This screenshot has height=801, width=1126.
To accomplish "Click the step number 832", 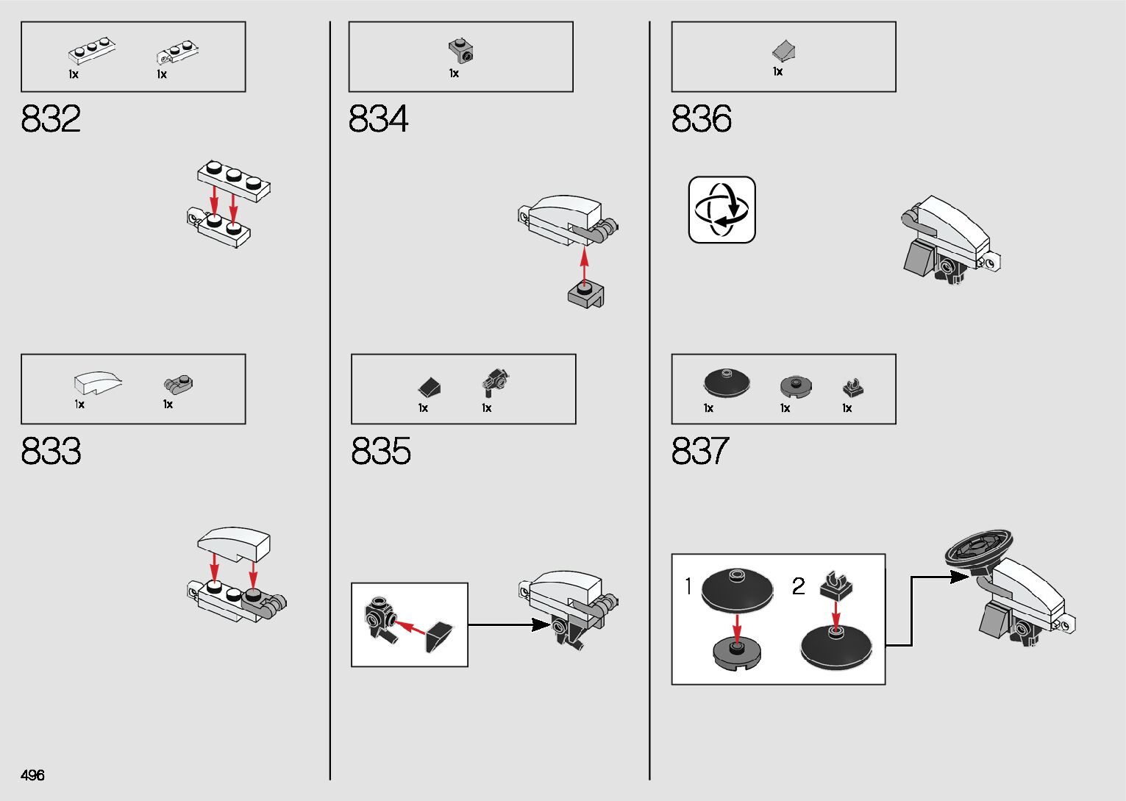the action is (x=51, y=118).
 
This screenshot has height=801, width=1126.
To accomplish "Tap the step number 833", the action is (x=51, y=451).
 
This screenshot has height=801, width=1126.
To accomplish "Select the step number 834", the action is (x=378, y=118).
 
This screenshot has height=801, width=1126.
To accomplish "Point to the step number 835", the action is (x=381, y=451).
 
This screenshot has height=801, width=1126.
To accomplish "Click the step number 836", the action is (x=701, y=118).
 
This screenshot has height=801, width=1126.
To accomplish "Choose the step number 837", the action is (x=700, y=451).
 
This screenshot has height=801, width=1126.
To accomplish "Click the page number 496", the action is (x=33, y=775).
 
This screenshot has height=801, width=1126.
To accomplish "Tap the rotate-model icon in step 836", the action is (x=721, y=210).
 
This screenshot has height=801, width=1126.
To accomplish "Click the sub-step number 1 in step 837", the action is (x=688, y=586).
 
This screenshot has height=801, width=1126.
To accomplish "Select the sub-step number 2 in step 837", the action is (x=798, y=586).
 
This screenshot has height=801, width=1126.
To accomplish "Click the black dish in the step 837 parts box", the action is (x=726, y=382).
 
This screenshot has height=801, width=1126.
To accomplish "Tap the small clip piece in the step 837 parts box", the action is (x=852, y=387).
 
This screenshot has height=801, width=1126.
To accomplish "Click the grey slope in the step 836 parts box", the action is (x=784, y=51).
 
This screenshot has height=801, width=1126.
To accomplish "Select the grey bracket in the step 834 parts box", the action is (x=460, y=51).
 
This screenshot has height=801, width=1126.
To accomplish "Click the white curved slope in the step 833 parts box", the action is (x=97, y=382).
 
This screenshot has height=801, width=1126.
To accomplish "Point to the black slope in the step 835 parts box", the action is (x=430, y=386).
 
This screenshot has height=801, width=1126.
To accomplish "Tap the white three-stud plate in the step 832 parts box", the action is (x=92, y=51).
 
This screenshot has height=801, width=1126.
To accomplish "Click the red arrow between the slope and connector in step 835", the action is (x=410, y=628).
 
